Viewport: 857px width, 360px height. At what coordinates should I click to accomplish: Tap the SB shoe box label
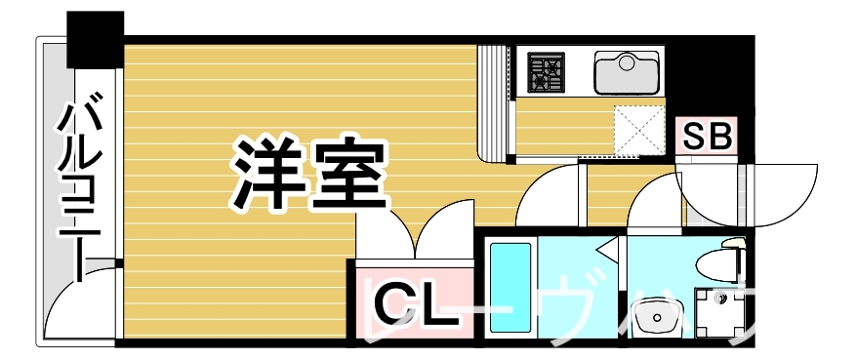[x=707, y=137]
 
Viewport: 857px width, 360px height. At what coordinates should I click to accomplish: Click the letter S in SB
[x=694, y=137]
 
